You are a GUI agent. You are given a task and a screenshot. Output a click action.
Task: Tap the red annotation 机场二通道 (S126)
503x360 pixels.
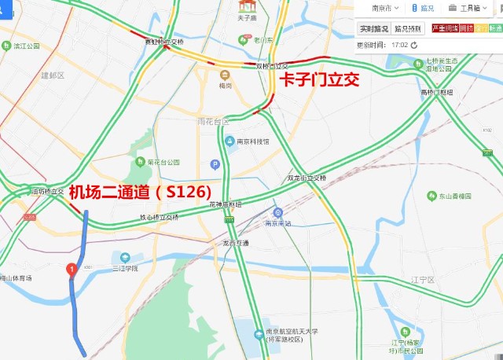[x=140, y=191]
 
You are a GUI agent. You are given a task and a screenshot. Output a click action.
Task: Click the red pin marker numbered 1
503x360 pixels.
[x=72, y=270]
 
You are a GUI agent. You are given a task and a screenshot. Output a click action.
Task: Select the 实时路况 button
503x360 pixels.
[x=373, y=29]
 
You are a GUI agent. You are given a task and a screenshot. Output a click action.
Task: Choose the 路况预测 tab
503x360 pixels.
[x=408, y=29]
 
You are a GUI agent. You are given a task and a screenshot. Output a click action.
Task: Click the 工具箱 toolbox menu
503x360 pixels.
[x=467, y=8]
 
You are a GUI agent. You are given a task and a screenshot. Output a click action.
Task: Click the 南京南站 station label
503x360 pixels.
[x=279, y=223]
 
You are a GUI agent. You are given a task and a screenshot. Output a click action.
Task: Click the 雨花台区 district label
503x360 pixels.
[x=213, y=122]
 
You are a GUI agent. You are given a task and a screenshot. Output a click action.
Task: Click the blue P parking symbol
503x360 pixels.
[x=214, y=163]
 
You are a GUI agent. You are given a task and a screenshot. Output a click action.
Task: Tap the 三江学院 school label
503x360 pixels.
[x=124, y=268]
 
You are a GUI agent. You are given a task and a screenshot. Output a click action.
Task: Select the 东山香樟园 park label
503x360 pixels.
[x=456, y=196]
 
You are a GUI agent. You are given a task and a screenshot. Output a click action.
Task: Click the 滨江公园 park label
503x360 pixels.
[x=28, y=46]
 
